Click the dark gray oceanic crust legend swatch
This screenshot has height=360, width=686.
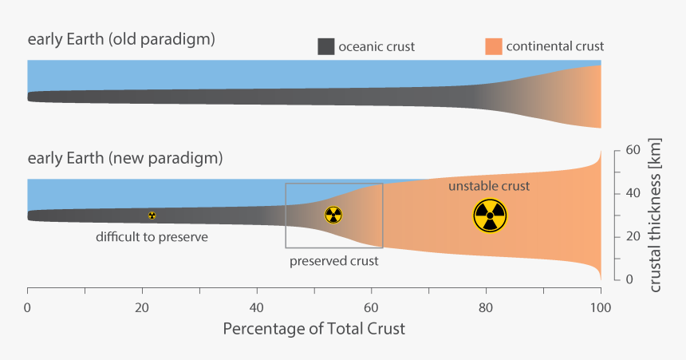[x=325, y=46]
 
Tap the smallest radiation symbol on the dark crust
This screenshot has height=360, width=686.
[x=152, y=216]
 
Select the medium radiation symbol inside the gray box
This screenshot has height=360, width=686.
[x=333, y=215]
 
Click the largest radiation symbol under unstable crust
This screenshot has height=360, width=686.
[x=490, y=216]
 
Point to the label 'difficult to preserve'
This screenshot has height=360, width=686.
[x=152, y=237]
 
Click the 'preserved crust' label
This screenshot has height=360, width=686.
[x=333, y=261]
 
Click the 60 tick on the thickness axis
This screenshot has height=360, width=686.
[x=633, y=150]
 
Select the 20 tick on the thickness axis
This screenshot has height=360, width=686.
[x=633, y=236]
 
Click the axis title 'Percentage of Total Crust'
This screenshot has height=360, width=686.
[x=314, y=329]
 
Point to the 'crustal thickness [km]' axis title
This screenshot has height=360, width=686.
[x=656, y=215]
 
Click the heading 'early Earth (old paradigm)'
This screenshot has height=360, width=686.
[x=121, y=39]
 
